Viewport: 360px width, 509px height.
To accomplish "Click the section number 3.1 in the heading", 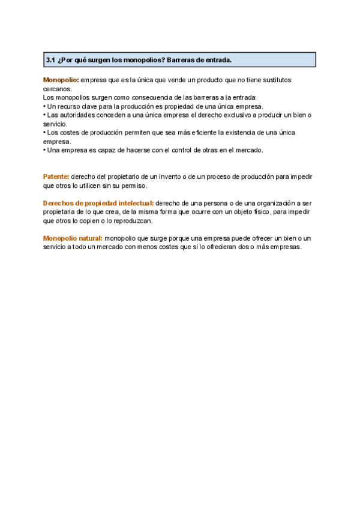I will click(50, 60).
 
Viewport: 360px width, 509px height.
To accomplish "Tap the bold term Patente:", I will click(56, 177).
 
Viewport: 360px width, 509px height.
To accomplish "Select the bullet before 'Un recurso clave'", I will click(44, 106).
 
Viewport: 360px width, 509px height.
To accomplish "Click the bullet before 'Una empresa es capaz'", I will click(44, 150).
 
